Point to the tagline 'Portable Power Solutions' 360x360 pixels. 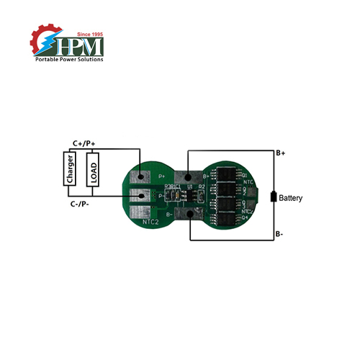coord(70,59)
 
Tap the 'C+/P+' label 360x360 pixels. coord(84,143)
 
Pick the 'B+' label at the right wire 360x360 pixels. coord(282,153)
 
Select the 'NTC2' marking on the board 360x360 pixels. coord(150,222)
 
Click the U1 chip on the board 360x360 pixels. coord(189,194)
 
